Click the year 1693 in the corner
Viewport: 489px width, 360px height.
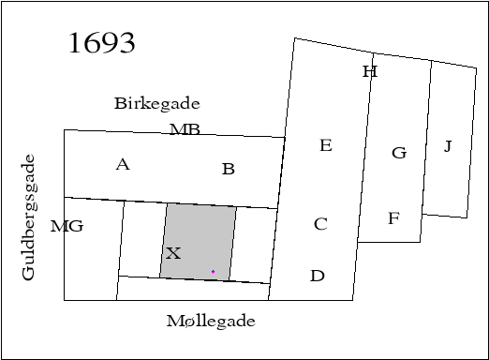coord(102,43)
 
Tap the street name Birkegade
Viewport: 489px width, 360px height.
coord(156,103)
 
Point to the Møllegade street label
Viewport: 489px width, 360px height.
coord(211,321)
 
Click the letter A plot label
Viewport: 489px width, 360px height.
coord(123,165)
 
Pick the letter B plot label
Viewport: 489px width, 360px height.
coord(228,170)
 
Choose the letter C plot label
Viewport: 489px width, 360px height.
coord(320,224)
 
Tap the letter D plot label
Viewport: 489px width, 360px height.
coord(318,276)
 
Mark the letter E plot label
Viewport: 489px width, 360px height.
coord(325,145)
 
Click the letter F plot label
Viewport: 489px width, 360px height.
coord(393,219)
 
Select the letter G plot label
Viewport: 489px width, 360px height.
coord(398,153)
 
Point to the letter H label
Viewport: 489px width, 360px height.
coord(369,71)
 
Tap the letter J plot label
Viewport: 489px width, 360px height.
coord(448,146)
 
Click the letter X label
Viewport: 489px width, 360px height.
coord(172,253)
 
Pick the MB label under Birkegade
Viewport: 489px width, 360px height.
coord(185,129)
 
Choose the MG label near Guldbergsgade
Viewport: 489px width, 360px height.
coord(67,226)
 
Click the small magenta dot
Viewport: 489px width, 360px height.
coord(213,272)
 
